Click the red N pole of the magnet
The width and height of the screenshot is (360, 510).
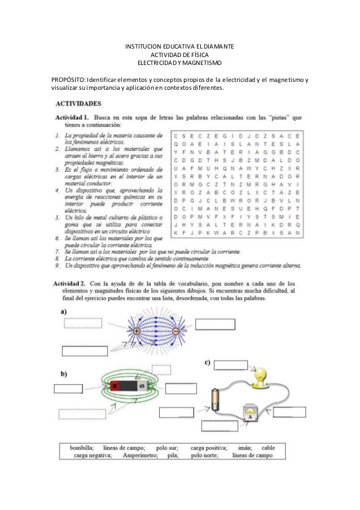point(115,387)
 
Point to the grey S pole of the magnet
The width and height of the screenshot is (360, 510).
point(142,387)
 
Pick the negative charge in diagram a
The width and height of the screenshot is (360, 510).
point(175,330)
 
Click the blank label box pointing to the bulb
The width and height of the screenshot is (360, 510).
point(231,364)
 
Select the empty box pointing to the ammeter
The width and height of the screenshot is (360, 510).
point(289,412)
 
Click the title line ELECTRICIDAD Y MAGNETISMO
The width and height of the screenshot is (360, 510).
point(180,62)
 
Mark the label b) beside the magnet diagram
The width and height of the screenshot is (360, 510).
point(64,373)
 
